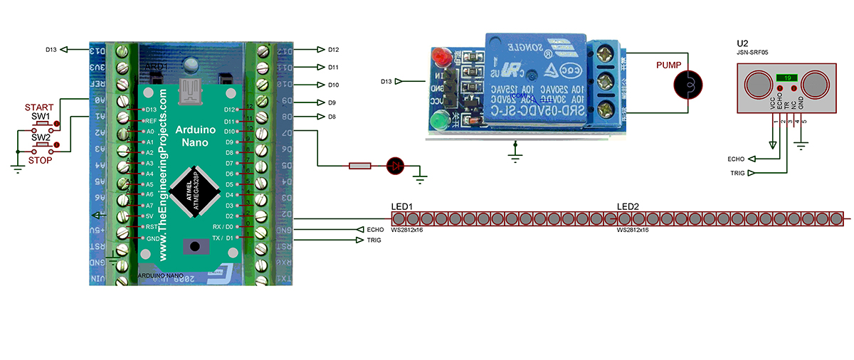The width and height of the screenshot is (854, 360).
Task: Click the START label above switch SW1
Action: [x=39, y=107]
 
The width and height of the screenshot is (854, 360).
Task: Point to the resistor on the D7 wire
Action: [x=360, y=166]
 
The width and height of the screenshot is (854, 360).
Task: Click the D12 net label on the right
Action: [x=333, y=50]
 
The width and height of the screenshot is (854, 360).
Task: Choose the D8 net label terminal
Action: [x=332, y=117]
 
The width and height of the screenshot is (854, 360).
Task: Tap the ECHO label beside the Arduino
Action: [x=375, y=230]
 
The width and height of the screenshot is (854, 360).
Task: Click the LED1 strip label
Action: [x=402, y=207]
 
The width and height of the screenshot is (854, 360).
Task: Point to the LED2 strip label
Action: [x=628, y=207]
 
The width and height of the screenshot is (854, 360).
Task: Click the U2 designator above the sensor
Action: [x=743, y=42]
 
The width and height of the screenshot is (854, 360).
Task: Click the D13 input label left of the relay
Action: [x=389, y=81]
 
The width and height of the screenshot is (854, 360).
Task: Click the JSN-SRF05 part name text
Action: [x=753, y=52]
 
